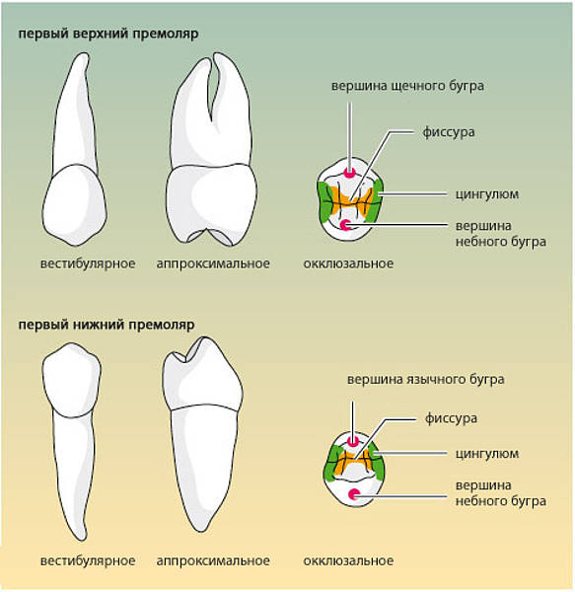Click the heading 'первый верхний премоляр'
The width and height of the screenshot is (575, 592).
pos(108,34)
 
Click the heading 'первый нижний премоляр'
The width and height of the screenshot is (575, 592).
pos(107,325)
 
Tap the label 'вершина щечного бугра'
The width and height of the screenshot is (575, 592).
pos(407,86)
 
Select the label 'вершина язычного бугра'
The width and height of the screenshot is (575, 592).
pos(426,380)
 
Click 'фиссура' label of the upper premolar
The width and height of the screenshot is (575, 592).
pos(448,132)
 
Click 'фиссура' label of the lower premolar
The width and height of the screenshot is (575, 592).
pos(451,418)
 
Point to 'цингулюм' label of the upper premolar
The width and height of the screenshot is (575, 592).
pos(487,194)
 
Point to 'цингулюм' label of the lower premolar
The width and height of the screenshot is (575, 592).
pos(487,454)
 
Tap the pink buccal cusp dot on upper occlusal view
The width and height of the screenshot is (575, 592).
pos(349,173)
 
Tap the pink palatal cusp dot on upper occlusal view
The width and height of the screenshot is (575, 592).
pos(345,225)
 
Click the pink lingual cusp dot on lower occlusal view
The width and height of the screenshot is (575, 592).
pos(353,441)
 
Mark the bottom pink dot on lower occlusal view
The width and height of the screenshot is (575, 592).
pos(353,494)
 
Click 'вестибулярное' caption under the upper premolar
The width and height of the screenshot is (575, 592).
pos(88,263)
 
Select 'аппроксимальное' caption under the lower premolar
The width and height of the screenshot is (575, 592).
pos(213,561)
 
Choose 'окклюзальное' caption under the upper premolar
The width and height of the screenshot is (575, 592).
pos(348,263)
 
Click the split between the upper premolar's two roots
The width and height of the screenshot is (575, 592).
pos(211,121)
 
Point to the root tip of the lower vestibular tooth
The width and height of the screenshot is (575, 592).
pos(84,538)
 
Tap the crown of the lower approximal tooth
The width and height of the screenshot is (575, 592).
pos(202,374)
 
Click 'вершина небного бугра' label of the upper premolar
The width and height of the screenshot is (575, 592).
pos(501,234)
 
